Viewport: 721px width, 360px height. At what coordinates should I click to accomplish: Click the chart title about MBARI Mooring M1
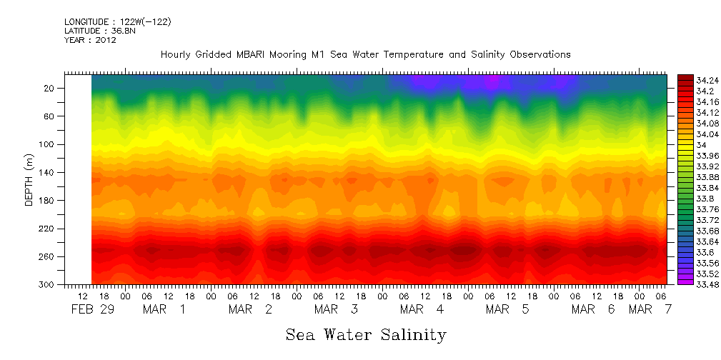pos(365,54)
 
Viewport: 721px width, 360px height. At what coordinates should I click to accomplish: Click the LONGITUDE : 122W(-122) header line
pos(117,22)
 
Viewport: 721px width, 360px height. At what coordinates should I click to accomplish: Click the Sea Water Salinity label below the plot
pos(366,334)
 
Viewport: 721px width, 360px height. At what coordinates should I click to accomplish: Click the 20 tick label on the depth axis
pos(50,88)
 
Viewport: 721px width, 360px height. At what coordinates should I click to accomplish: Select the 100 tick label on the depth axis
pos(48,144)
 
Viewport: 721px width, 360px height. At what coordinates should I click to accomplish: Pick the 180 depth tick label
pos(48,200)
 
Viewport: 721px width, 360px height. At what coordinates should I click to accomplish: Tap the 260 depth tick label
pos(48,256)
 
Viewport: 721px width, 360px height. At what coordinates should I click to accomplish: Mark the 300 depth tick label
pos(48,284)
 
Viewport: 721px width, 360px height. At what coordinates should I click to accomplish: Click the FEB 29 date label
pos(91,309)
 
